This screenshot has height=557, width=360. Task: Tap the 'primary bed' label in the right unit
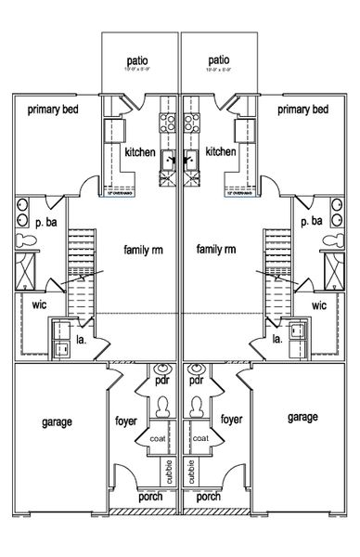coord(302,110)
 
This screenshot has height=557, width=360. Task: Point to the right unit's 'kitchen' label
coord(221,152)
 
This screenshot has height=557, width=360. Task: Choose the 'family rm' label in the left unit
coord(145,250)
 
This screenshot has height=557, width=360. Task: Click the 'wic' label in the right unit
coord(319,304)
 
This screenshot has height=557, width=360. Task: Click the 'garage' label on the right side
coord(302,417)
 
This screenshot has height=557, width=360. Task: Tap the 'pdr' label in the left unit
coord(163,382)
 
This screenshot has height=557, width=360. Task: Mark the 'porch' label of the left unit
coord(149,497)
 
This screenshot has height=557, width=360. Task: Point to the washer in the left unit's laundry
coord(63,349)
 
